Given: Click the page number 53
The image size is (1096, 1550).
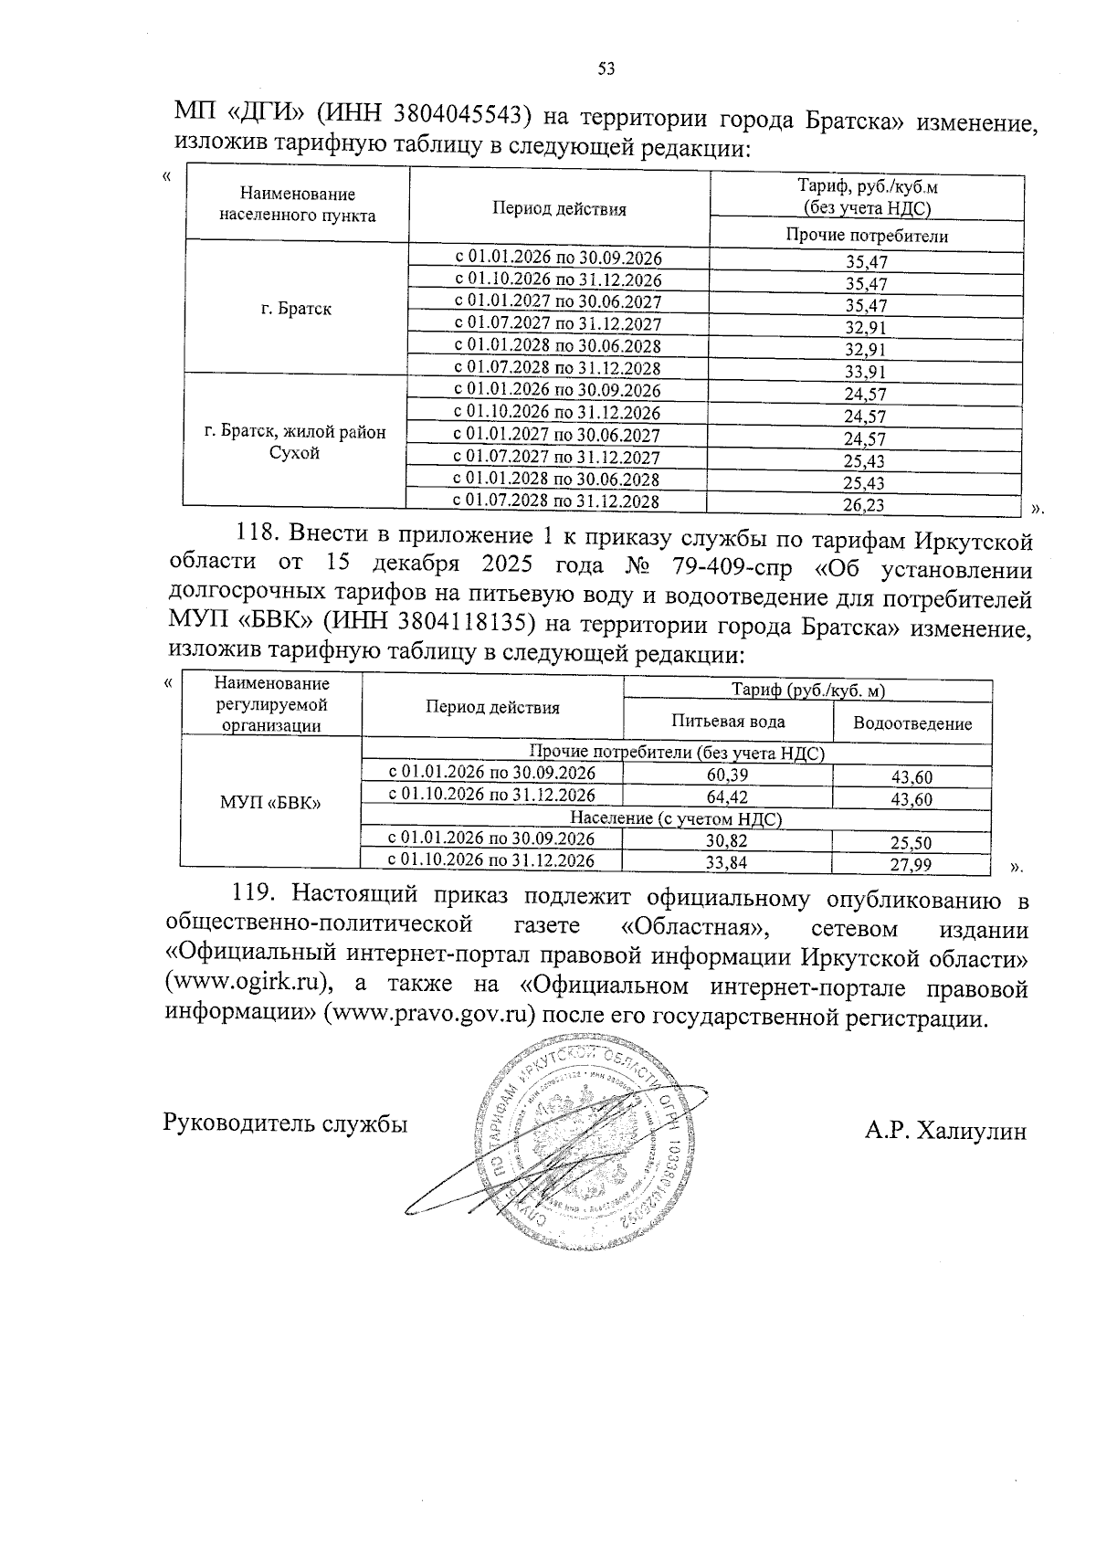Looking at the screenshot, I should tap(606, 68).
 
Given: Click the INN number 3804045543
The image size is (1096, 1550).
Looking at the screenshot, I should tap(463, 115).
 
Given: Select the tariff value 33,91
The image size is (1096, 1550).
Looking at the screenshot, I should tap(866, 372).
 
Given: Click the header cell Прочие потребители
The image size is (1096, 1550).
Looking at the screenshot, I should tap(866, 236).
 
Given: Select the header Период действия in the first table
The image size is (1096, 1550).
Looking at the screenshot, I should tap(559, 209).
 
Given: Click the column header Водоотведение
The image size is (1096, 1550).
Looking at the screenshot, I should tap(912, 723).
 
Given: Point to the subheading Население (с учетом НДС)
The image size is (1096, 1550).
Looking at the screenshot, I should tap(676, 819).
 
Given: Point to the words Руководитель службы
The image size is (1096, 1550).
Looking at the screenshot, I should tap(285, 1123).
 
